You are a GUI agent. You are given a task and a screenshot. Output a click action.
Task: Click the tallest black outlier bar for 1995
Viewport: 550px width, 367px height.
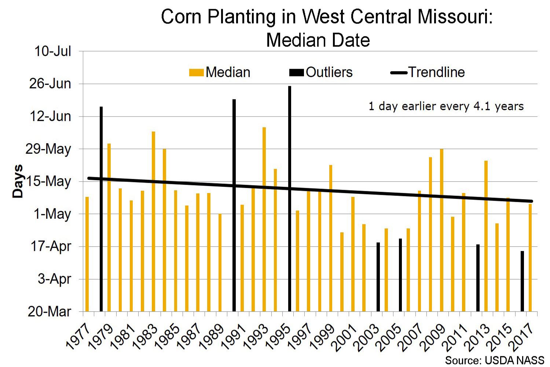coord(290,198)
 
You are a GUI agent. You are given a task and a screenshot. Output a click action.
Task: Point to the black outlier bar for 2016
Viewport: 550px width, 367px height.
coord(522,281)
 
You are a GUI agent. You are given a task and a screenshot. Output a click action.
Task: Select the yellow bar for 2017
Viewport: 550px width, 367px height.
coord(530,257)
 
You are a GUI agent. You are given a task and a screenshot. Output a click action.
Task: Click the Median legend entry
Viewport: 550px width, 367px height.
coord(220,72)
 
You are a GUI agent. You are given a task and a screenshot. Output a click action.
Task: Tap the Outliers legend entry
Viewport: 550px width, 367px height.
coord(321,72)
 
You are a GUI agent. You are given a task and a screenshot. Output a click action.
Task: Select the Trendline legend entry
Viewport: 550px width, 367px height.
coord(428,72)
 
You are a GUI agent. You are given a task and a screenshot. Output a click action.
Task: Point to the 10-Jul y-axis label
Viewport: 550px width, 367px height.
coord(53,51)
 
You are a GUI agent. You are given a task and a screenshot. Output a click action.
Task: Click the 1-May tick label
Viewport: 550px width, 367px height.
coord(52,214)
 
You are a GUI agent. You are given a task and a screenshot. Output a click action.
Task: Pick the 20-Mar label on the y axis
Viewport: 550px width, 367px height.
coord(49,312)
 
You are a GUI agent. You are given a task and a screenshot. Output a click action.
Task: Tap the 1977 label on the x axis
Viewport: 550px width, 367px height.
coord(78,337)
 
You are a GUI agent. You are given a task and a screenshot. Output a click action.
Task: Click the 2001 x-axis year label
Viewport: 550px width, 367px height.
coord(344,337)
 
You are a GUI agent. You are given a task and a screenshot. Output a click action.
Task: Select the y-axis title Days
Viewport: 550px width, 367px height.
coord(17,181)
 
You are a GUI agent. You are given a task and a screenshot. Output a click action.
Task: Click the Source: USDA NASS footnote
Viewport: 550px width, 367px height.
coord(495,360)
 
